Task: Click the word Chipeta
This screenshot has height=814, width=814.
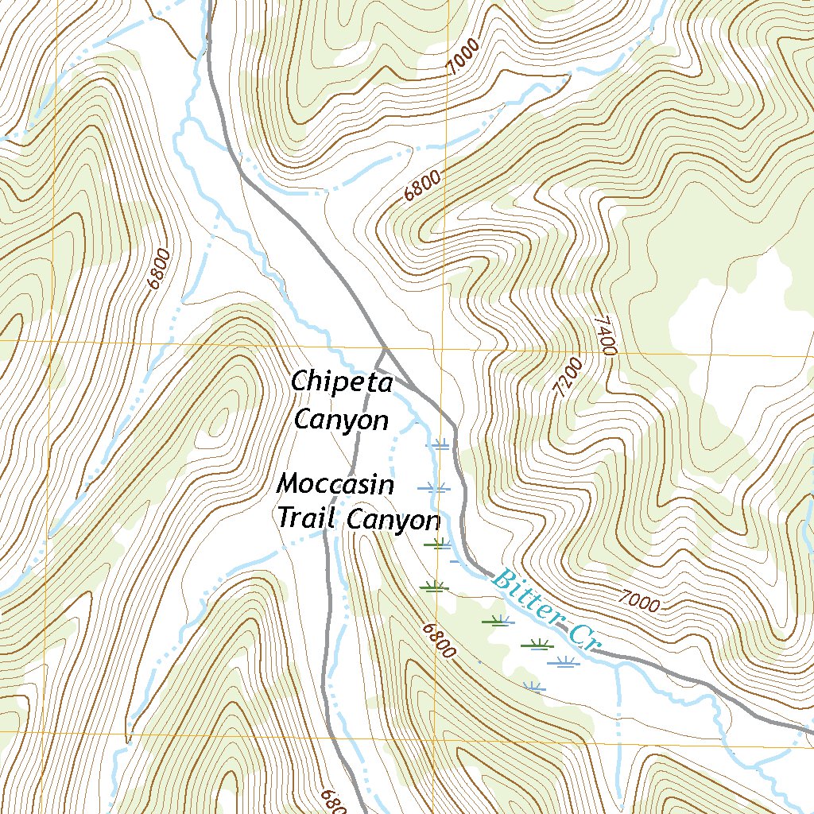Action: (x=342, y=382)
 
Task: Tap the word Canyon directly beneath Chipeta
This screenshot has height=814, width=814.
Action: (x=341, y=420)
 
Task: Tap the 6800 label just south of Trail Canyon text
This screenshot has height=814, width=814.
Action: (x=439, y=640)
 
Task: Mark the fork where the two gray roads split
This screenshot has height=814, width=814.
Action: (x=385, y=347)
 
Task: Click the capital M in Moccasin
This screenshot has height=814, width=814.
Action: (x=288, y=483)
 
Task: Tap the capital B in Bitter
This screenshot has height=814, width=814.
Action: (x=502, y=578)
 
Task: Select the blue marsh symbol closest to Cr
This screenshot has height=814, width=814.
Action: (x=564, y=661)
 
